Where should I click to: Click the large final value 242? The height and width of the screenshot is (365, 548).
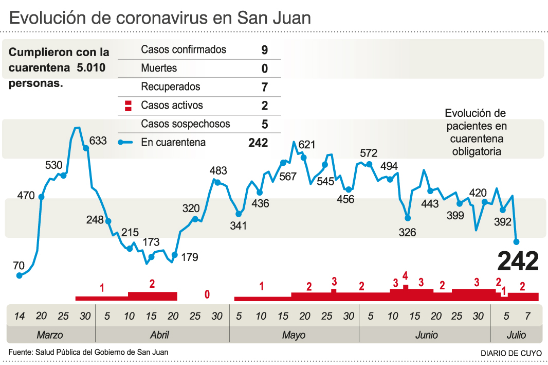518,261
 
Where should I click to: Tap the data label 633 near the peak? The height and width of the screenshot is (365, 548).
98,141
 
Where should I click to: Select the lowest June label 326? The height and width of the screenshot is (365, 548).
407,232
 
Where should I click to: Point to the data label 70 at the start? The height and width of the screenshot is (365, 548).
19,266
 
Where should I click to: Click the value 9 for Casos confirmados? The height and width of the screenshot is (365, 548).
265,50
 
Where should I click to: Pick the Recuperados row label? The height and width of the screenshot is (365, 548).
171,87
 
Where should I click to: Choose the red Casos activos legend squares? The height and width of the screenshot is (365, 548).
128,106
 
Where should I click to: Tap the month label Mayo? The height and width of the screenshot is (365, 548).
294,335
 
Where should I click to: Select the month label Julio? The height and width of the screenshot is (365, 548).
516,335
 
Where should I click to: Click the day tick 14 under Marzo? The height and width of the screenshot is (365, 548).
19,316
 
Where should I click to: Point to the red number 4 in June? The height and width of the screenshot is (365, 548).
405,275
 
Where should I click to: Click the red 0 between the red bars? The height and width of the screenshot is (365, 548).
207,294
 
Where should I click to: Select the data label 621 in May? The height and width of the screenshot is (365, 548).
306,145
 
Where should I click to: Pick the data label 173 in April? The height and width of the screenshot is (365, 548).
151,241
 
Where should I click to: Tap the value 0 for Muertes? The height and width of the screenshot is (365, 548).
265,68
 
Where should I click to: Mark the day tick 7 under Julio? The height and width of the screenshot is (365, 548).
528,316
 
